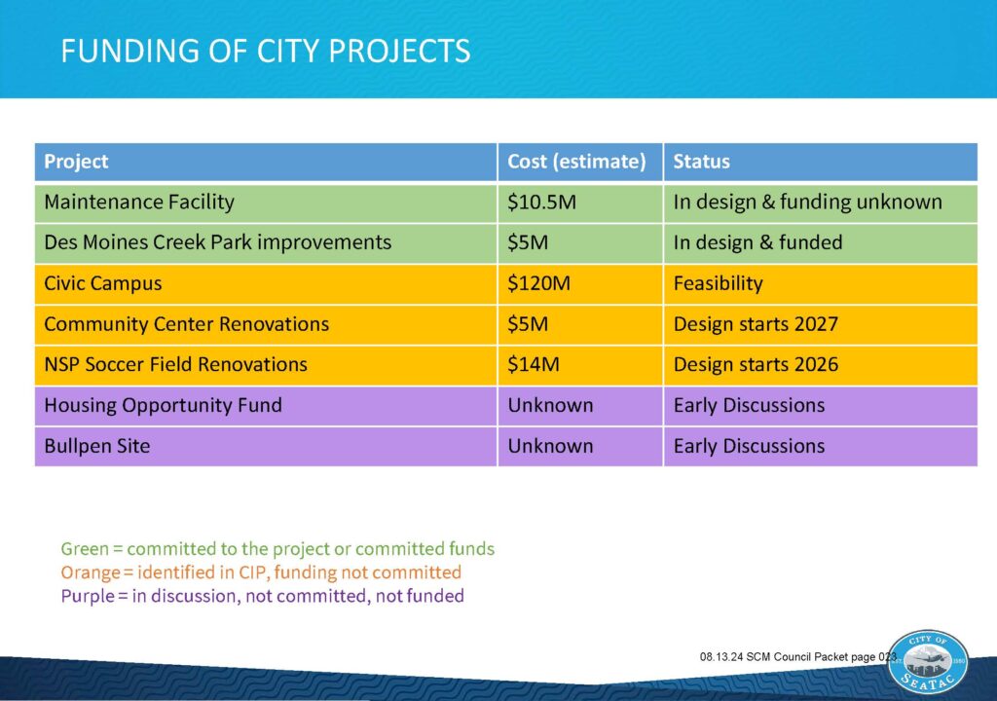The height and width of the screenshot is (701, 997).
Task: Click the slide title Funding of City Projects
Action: [x=266, y=51]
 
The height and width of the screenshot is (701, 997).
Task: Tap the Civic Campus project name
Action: [x=103, y=283]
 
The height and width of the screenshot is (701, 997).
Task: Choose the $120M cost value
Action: [x=539, y=283]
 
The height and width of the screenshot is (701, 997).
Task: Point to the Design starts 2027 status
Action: [x=756, y=324]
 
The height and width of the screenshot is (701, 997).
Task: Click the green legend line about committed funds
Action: [x=277, y=549]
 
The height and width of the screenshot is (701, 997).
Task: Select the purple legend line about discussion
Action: [x=262, y=596]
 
